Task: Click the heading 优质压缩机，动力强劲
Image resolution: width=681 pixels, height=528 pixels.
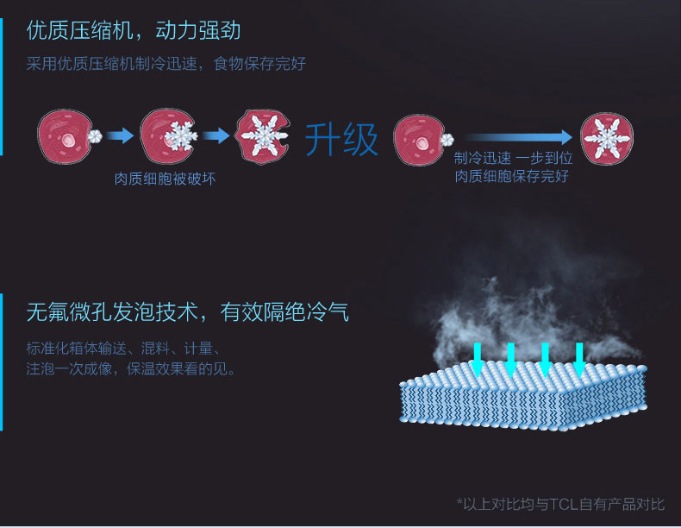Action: click(134, 32)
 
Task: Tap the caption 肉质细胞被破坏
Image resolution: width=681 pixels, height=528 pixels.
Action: click(165, 179)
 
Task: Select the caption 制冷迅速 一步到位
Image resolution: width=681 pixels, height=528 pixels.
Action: click(513, 159)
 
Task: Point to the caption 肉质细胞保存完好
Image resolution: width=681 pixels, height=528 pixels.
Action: click(513, 177)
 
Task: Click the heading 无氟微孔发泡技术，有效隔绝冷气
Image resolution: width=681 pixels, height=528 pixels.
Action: click(187, 311)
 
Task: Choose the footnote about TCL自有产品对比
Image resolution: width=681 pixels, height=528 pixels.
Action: click(560, 503)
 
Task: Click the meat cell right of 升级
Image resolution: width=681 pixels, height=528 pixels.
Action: click(420, 137)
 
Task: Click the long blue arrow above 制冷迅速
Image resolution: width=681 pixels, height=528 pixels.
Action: click(517, 137)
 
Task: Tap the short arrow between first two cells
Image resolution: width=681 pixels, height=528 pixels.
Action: click(121, 135)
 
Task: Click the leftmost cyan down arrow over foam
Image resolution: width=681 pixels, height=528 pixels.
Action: click(477, 359)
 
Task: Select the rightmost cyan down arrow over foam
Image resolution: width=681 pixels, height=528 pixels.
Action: click(579, 359)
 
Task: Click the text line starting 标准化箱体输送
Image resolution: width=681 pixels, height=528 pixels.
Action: click(125, 349)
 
